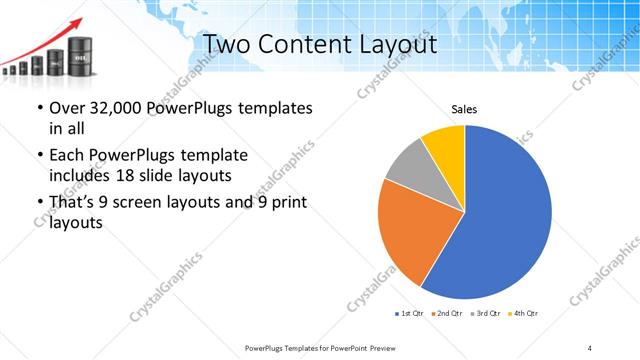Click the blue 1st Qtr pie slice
pos(500,220)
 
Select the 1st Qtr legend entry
pos(412,313)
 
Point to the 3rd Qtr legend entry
pos(488,313)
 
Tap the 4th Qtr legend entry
pos(525,313)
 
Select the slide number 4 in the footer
pos(590,347)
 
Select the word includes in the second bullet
pos(80,177)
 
